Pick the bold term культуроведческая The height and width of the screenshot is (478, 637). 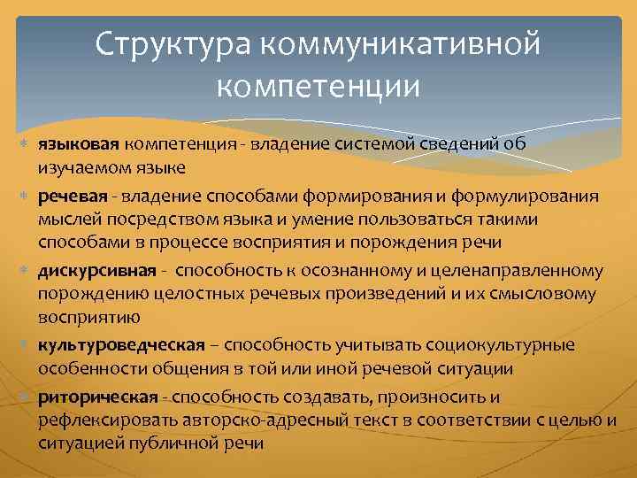tap(120, 344)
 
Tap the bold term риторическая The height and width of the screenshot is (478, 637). tap(97, 395)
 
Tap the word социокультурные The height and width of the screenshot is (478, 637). tap(501, 344)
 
